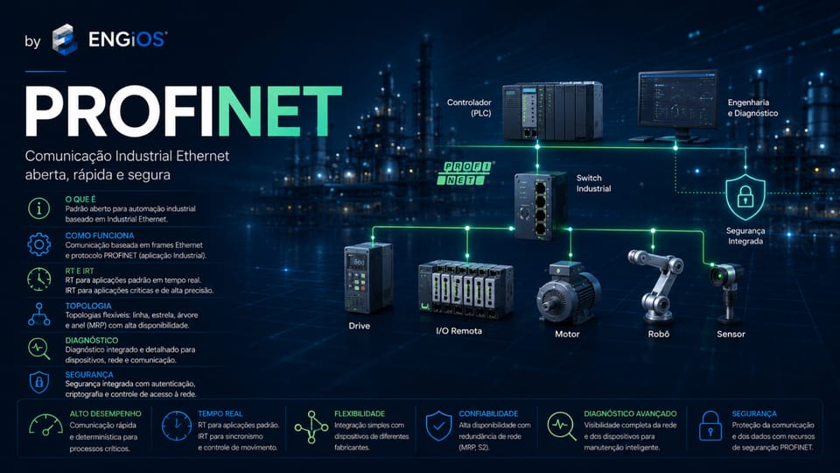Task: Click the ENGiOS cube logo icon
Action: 65,39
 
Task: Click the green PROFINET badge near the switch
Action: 465,173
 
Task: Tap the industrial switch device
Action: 541,205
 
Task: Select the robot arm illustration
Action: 655,286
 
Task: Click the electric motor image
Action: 568,293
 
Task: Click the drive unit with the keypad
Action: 368,278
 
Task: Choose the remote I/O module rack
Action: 465,289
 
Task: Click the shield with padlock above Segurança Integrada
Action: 745,197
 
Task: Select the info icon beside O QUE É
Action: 39,208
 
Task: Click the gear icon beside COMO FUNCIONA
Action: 39,244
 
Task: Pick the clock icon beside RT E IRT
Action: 39,279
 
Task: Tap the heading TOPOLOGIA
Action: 88,306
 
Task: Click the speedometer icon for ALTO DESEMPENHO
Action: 45,425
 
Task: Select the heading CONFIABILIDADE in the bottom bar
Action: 488,413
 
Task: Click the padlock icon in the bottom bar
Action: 710,426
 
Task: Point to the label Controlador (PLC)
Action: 469,107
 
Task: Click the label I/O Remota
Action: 459,331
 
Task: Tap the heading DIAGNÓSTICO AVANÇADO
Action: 630,413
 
